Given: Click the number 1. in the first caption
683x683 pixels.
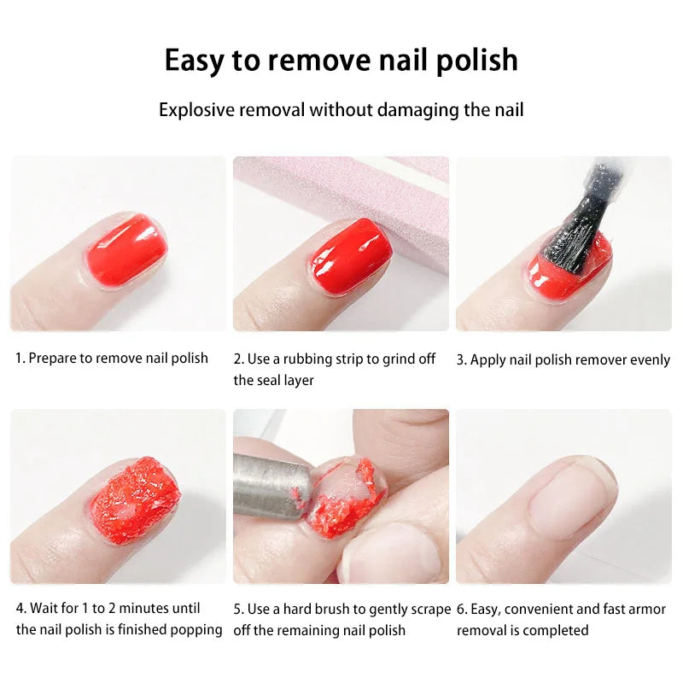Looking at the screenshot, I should tap(20, 359).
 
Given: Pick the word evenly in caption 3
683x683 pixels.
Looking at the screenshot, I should tap(651, 359).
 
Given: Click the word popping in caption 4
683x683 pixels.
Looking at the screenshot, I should tap(197, 630).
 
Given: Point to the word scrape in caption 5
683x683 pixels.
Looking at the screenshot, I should tap(429, 609).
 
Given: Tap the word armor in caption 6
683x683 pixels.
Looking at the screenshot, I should tap(647, 609).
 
